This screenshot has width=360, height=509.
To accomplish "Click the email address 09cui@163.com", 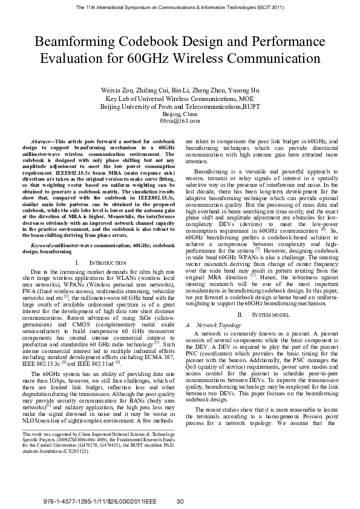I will (x=180, y=121).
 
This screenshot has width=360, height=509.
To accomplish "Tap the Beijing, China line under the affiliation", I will (x=180, y=114).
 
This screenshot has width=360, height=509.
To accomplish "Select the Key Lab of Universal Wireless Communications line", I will (x=180, y=98).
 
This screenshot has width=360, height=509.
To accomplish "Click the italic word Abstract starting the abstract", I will (x=41, y=141).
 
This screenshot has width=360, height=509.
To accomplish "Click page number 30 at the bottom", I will (x=180, y=502).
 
